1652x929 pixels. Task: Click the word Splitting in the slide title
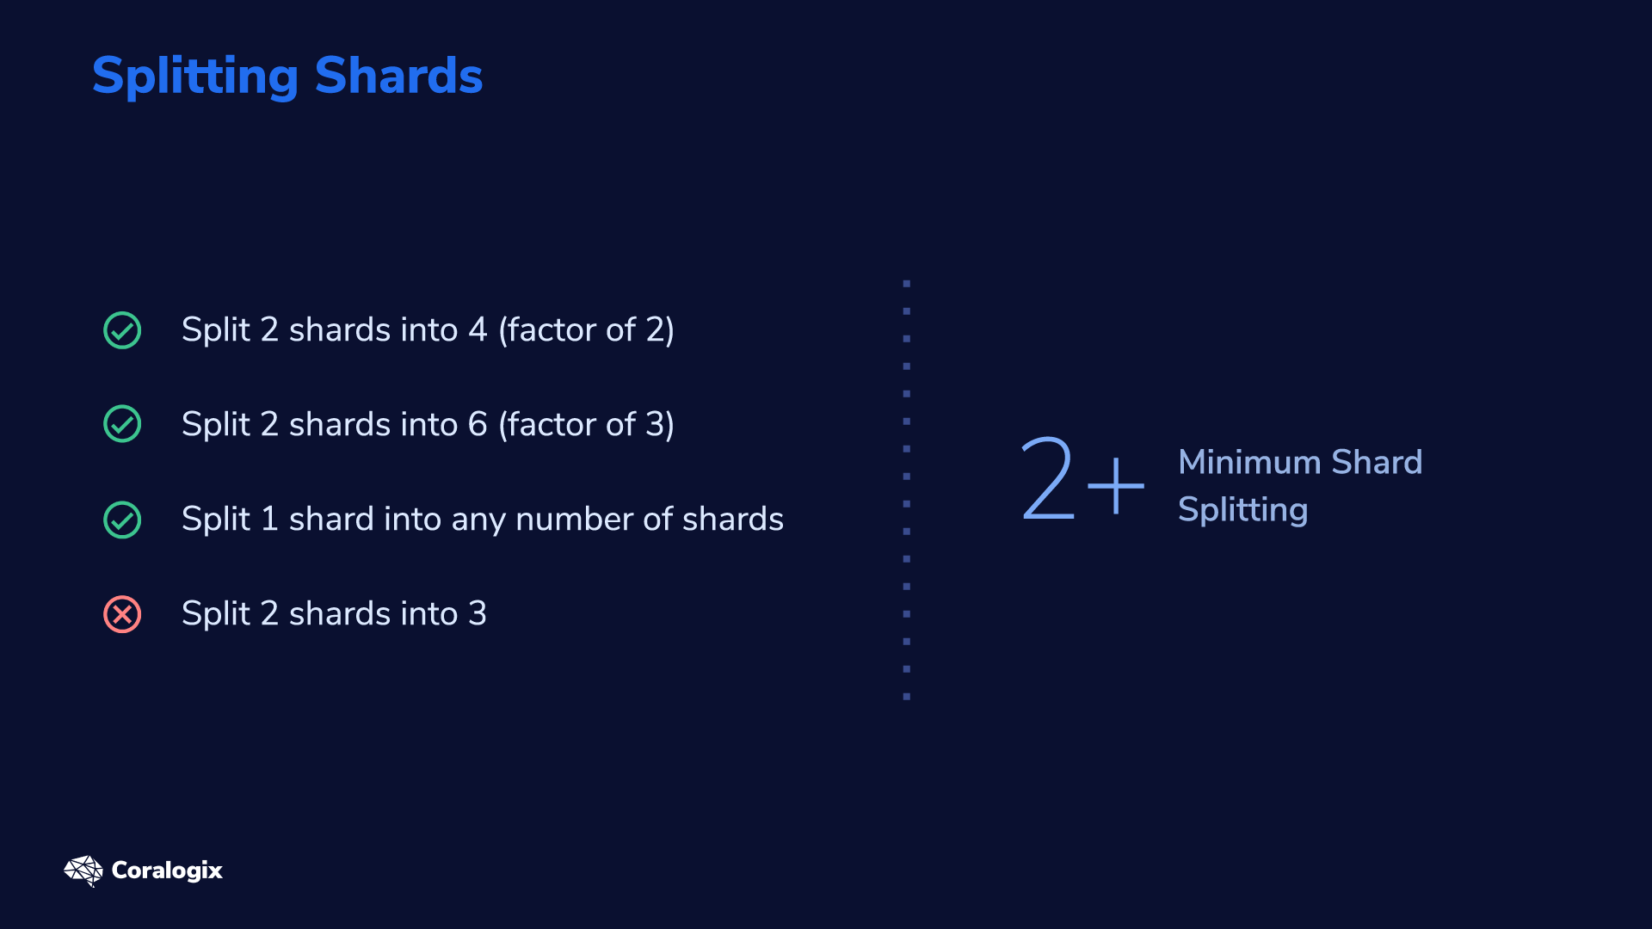(195, 77)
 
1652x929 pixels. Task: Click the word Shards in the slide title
(399, 76)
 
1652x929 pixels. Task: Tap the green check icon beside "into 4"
(122, 330)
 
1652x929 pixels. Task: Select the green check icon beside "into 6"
(122, 424)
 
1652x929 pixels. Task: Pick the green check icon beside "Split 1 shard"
(122, 520)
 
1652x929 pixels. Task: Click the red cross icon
(122, 614)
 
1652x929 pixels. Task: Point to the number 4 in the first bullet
(478, 329)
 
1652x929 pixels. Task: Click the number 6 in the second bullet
(478, 424)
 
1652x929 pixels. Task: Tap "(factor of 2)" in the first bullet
(587, 330)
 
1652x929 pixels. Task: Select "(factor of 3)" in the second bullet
(587, 425)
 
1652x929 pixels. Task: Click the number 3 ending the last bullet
(478, 613)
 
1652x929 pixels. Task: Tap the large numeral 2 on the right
(1047, 479)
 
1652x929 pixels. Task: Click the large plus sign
(1116, 486)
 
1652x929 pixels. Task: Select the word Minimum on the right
(1249, 462)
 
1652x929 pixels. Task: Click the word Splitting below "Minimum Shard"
(1243, 510)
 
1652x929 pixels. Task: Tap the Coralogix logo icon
(83, 871)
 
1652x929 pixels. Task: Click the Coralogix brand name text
(167, 871)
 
